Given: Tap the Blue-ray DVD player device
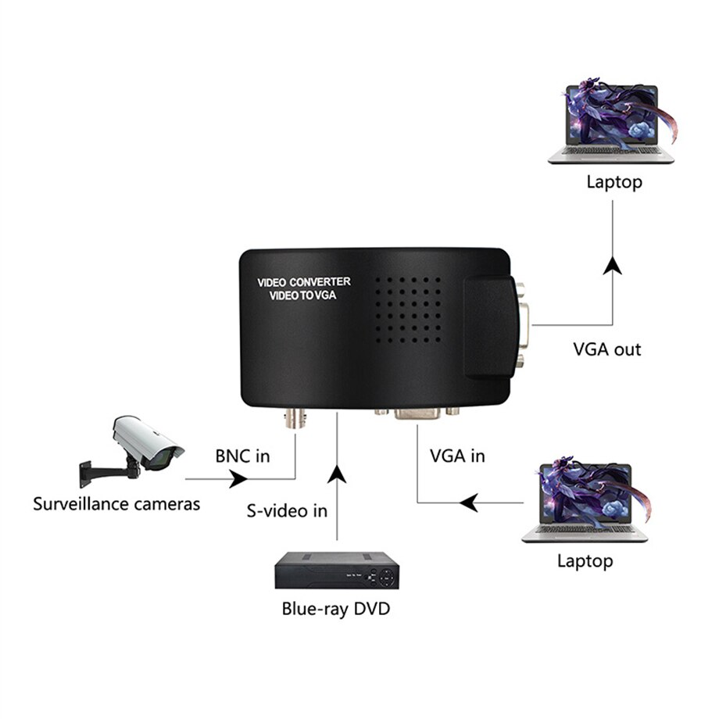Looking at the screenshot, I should pos(337,570).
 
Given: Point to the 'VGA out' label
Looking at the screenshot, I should pos(606,349).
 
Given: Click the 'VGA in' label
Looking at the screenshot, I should pos(457,455).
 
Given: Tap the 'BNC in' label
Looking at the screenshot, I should pos(242,456).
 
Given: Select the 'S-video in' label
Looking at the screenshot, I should pos(287,511).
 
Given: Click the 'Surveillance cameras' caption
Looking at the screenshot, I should pos(116,503).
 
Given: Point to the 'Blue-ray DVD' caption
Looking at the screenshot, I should pos(335,608).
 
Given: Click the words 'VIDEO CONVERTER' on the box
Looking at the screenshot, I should pos(304,281).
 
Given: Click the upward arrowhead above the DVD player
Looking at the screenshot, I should pos(337,473).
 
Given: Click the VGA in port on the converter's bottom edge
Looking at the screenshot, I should pos(417,413).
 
